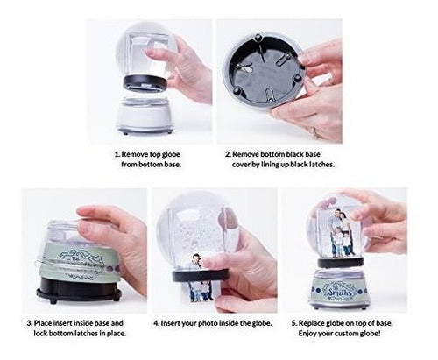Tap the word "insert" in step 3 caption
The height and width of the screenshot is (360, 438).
[x=62, y=323]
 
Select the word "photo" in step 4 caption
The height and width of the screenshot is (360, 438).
[x=208, y=323]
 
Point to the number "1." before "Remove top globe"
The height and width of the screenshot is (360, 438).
[x=117, y=154]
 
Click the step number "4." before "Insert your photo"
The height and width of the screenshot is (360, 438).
[x=156, y=323]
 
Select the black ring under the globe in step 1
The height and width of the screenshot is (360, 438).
[x=145, y=83]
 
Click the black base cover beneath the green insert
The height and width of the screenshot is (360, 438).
[x=79, y=290]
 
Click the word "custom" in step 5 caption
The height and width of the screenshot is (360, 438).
[x=347, y=334]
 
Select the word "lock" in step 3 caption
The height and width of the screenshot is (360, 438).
[x=40, y=334]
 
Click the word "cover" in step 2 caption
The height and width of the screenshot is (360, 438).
[x=241, y=165]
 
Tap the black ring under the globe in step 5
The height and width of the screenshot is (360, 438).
[x=341, y=262]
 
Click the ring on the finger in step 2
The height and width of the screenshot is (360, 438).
[x=314, y=132]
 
